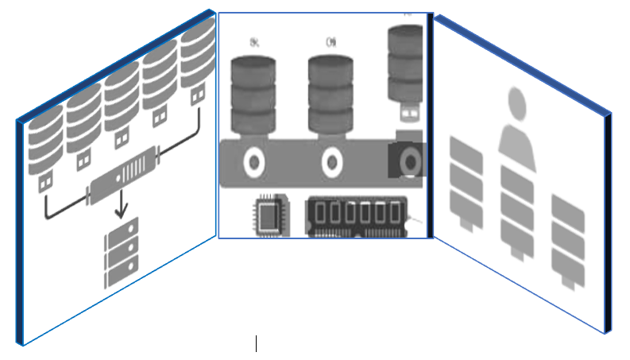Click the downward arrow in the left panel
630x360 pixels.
(x=121, y=205)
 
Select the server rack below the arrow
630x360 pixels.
(x=121, y=252)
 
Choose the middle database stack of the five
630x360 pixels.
(x=122, y=99)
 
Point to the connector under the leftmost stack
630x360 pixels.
(x=45, y=181)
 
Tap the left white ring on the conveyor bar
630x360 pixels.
(x=254, y=163)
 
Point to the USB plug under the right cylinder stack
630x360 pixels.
(x=408, y=114)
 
